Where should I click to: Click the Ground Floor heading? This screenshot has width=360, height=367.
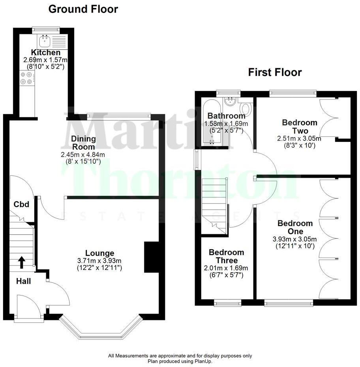83,9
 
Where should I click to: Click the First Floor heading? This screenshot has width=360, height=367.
275,72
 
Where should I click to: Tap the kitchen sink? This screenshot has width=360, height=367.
44,40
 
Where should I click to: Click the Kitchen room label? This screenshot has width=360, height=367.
46,53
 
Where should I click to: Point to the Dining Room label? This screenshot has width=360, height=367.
83,143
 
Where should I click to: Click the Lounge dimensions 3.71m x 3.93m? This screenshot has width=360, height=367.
100,261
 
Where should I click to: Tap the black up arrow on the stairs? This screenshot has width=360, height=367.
21,262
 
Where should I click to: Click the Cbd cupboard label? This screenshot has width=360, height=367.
21,204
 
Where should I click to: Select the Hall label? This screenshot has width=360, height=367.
23,281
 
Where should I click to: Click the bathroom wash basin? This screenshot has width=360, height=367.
229,101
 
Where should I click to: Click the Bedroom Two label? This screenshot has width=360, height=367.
300,127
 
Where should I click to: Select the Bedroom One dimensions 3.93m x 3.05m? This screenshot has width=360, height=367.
294,239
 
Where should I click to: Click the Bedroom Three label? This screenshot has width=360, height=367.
226,256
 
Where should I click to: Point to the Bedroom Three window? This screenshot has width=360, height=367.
227,303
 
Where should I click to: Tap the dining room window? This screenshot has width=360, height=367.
119,116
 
